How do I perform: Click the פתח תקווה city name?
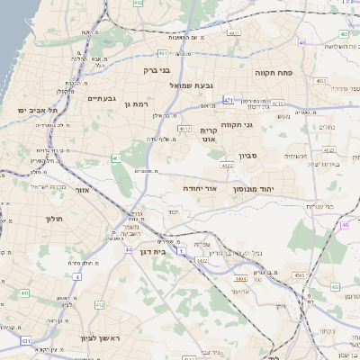[270, 72]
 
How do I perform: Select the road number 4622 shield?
[227, 166]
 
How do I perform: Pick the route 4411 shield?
[235, 32]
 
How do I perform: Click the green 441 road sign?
[25, 293]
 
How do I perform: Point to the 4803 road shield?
[319, 81]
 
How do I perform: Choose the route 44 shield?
[129, 249]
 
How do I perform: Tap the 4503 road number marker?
[300, 274]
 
